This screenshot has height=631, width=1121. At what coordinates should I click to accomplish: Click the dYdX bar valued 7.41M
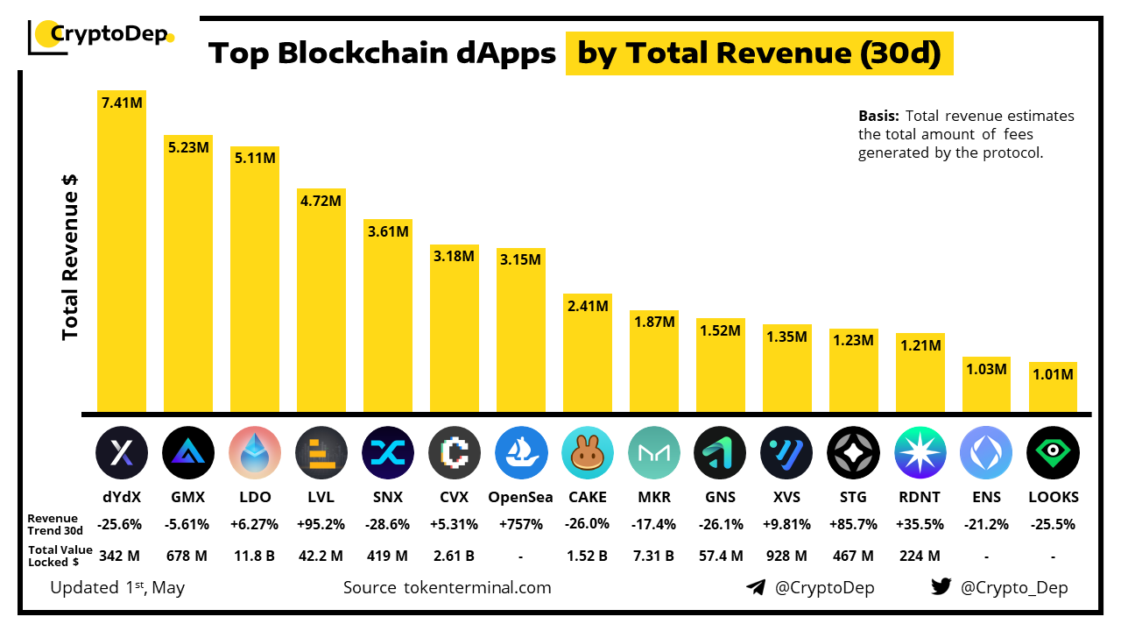[122, 254]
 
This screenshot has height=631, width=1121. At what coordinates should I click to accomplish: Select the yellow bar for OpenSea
[521, 333]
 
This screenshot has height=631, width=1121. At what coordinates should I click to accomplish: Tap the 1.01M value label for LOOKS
[1053, 375]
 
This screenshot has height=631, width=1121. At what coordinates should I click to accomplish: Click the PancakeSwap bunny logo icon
[588, 452]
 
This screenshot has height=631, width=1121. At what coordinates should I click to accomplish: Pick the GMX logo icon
[188, 452]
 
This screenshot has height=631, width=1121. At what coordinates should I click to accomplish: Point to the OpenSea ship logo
[521, 452]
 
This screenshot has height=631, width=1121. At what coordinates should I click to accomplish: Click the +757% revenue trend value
[521, 524]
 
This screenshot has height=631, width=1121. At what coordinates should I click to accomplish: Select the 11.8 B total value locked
[255, 556]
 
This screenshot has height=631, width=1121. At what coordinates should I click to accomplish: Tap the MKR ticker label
[654, 497]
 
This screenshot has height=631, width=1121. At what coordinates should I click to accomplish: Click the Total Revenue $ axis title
[71, 256]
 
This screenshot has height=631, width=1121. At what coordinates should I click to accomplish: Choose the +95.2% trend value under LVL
[321, 524]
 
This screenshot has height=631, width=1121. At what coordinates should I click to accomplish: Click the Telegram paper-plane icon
[756, 587]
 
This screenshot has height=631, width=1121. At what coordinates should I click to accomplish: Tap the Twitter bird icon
[941, 587]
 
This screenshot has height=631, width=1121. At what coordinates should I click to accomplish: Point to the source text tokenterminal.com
[447, 587]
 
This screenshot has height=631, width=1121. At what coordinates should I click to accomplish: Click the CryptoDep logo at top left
[101, 36]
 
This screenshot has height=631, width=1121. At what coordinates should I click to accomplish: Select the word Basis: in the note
[878, 116]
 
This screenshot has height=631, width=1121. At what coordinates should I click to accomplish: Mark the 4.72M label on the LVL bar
[321, 201]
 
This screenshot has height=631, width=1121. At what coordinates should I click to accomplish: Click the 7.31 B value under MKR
[654, 556]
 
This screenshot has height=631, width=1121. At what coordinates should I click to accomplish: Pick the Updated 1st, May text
[117, 587]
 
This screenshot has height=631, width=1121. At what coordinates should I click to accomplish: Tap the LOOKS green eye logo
[1053, 452]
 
